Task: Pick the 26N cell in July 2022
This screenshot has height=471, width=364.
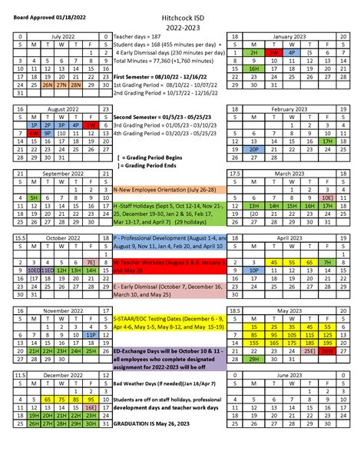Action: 48,85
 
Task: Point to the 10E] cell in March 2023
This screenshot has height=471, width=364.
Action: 327,197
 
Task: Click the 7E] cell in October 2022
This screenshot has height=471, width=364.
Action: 91,262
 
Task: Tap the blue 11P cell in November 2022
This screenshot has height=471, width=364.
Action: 91,335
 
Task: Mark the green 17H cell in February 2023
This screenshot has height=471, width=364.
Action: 327,141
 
